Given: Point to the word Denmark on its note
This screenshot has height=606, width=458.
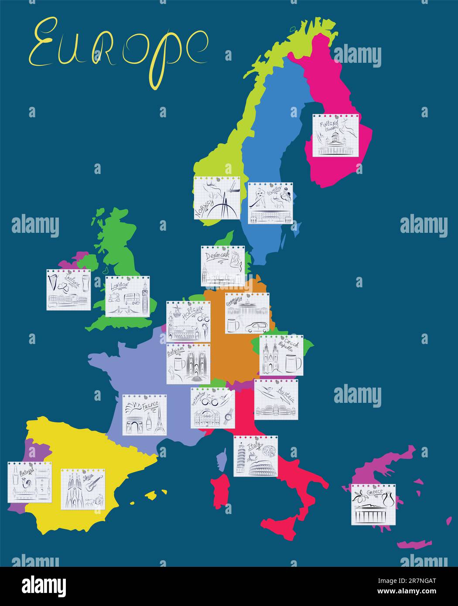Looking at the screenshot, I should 216,256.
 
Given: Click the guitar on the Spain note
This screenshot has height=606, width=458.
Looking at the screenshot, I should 92,483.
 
